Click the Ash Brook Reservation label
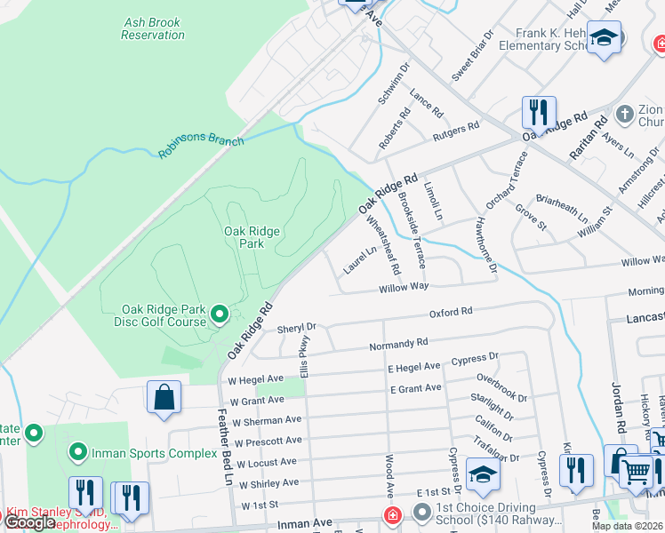tap(153, 28)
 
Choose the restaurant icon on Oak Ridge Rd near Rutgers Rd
tap(538, 112)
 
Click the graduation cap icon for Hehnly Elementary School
tap(604, 38)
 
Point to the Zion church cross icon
tap(625, 115)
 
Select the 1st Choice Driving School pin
tap(421, 513)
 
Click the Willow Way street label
tap(404, 287)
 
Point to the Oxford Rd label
tap(451, 312)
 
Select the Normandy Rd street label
tap(399, 342)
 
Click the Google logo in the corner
tap(31, 522)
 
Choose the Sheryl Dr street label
tap(297, 328)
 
